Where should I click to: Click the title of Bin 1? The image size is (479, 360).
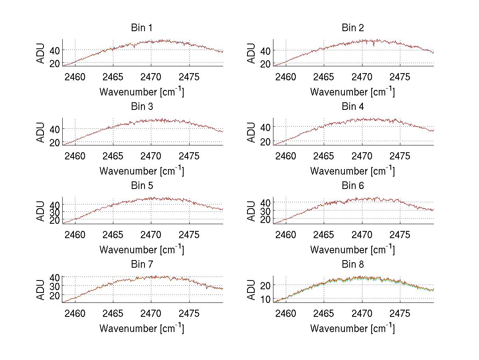pyautogui.click(x=142, y=28)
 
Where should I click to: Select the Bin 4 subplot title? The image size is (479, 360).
pyautogui.click(x=353, y=107)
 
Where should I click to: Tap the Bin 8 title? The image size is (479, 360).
pyautogui.click(x=353, y=265)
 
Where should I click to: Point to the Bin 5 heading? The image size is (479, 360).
pyautogui.click(x=142, y=186)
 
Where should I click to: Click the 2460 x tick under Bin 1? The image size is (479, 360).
pyautogui.click(x=75, y=77)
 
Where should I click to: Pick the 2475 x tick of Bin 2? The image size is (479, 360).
pyautogui.click(x=400, y=77)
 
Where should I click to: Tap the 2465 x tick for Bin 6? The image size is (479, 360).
pyautogui.click(x=324, y=235)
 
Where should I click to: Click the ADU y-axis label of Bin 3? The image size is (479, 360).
pyautogui.click(x=41, y=132)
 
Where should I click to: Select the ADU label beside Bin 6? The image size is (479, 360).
pyautogui.click(x=251, y=211)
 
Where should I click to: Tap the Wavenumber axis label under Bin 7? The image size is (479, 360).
pyautogui.click(x=142, y=328)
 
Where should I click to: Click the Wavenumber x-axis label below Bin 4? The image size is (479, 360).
pyautogui.click(x=353, y=171)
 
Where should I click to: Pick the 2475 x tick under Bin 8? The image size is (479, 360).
pyautogui.click(x=400, y=313)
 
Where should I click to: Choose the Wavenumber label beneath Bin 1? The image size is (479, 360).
pyautogui.click(x=142, y=92)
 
